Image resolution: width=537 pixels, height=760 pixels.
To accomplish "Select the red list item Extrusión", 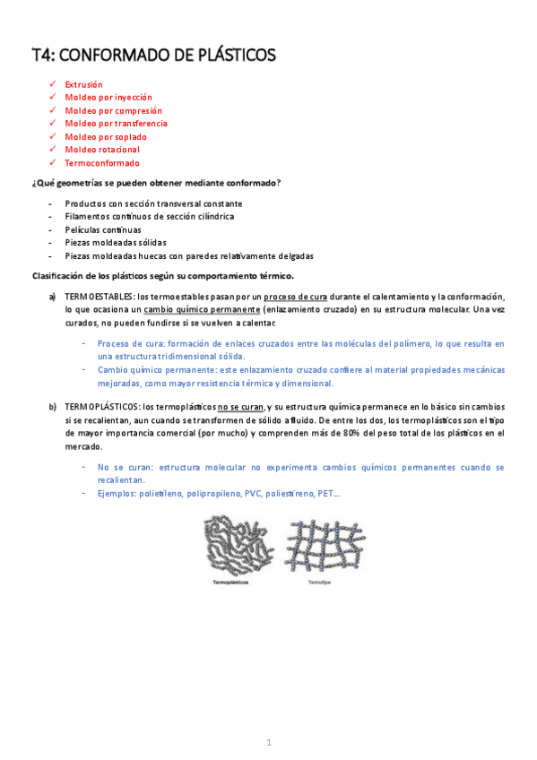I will click(x=83, y=84).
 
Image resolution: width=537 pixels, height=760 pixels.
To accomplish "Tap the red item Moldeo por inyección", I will click(x=108, y=97).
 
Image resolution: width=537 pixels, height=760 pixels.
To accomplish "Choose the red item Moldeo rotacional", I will click(x=102, y=150).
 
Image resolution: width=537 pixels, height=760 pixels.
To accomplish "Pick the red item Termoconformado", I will click(x=102, y=163).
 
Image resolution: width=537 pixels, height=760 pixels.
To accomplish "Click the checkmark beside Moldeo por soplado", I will click(x=53, y=136).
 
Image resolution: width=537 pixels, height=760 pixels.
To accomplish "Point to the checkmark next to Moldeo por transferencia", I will click(x=53, y=123).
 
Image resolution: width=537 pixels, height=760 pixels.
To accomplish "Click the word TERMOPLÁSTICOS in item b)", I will click(x=103, y=407).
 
